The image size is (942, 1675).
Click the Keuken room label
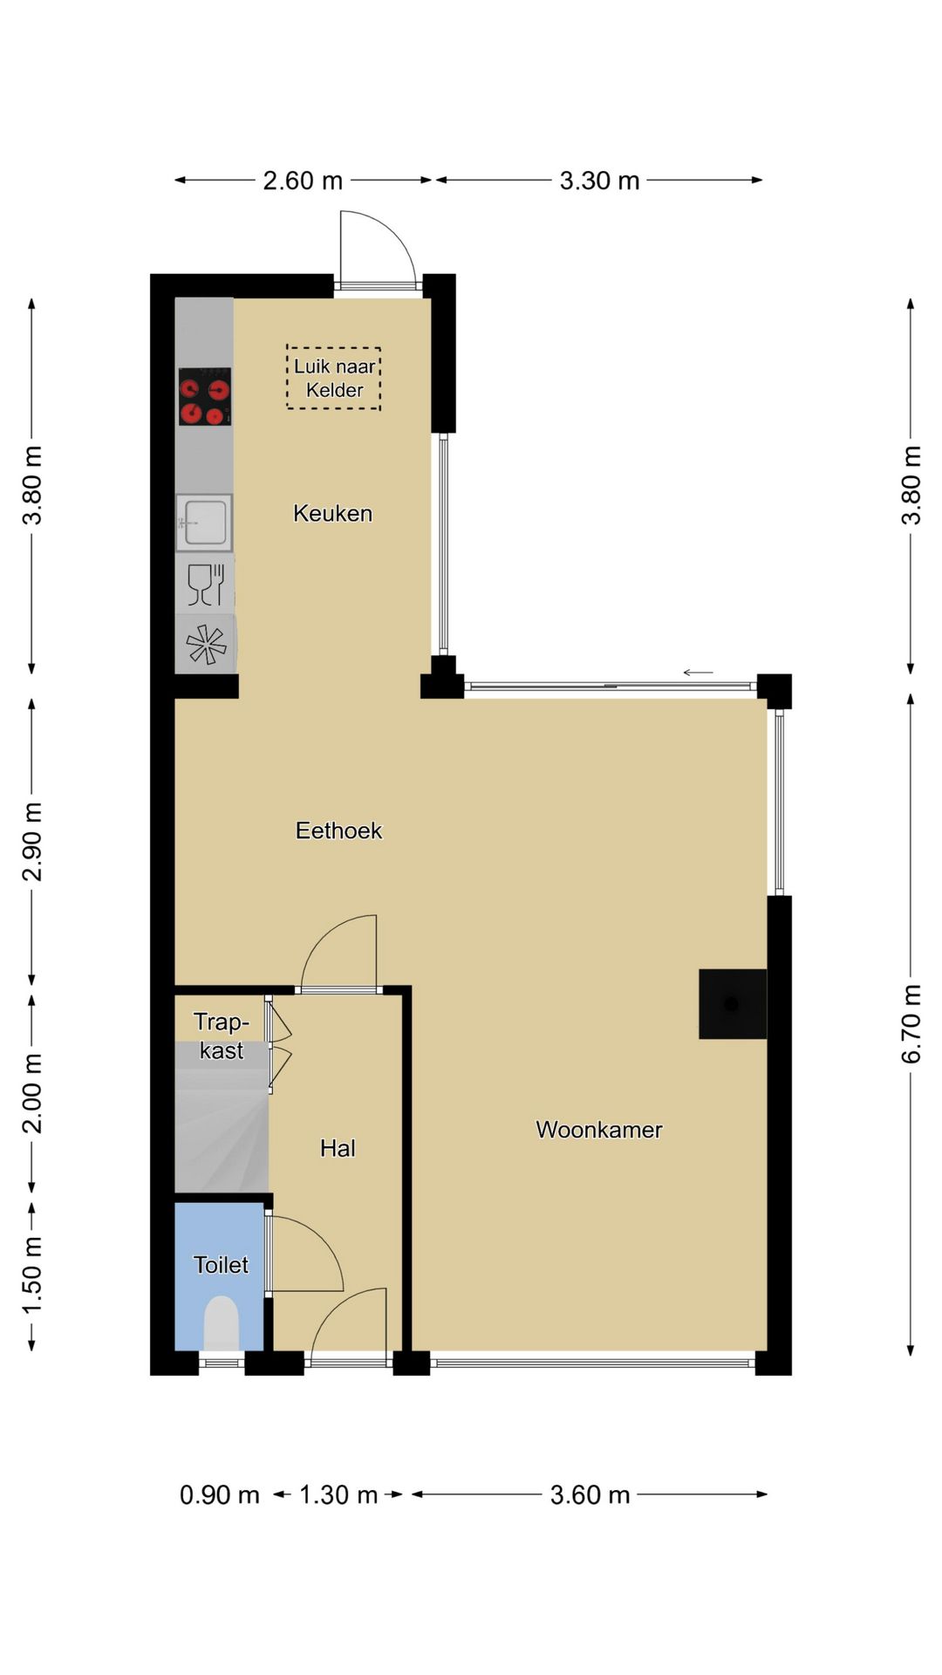coord(332,513)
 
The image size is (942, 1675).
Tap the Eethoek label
coord(338,831)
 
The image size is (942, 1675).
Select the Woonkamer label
coord(598,1130)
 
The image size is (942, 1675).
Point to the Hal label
coord(338,1148)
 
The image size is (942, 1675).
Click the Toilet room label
coord(221,1265)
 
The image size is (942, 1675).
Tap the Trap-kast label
coord(222,1036)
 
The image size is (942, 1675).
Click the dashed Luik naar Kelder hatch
coord(334,378)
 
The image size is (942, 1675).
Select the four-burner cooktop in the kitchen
coord(205,397)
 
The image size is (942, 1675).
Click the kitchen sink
coord(204,523)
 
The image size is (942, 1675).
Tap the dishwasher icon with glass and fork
coord(206,585)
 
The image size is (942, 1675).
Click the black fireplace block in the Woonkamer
coord(733,1004)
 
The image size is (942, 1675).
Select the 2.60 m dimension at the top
coord(303,181)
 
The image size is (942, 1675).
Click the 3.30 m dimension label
coord(599,181)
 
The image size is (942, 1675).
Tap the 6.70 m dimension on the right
coord(911,1024)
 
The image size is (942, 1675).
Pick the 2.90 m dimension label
coord(32,842)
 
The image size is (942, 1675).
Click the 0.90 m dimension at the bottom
coord(220,1494)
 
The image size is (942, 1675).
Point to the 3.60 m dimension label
coord(590,1494)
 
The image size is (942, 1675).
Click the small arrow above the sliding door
coord(698,673)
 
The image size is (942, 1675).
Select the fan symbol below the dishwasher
coord(206,645)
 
